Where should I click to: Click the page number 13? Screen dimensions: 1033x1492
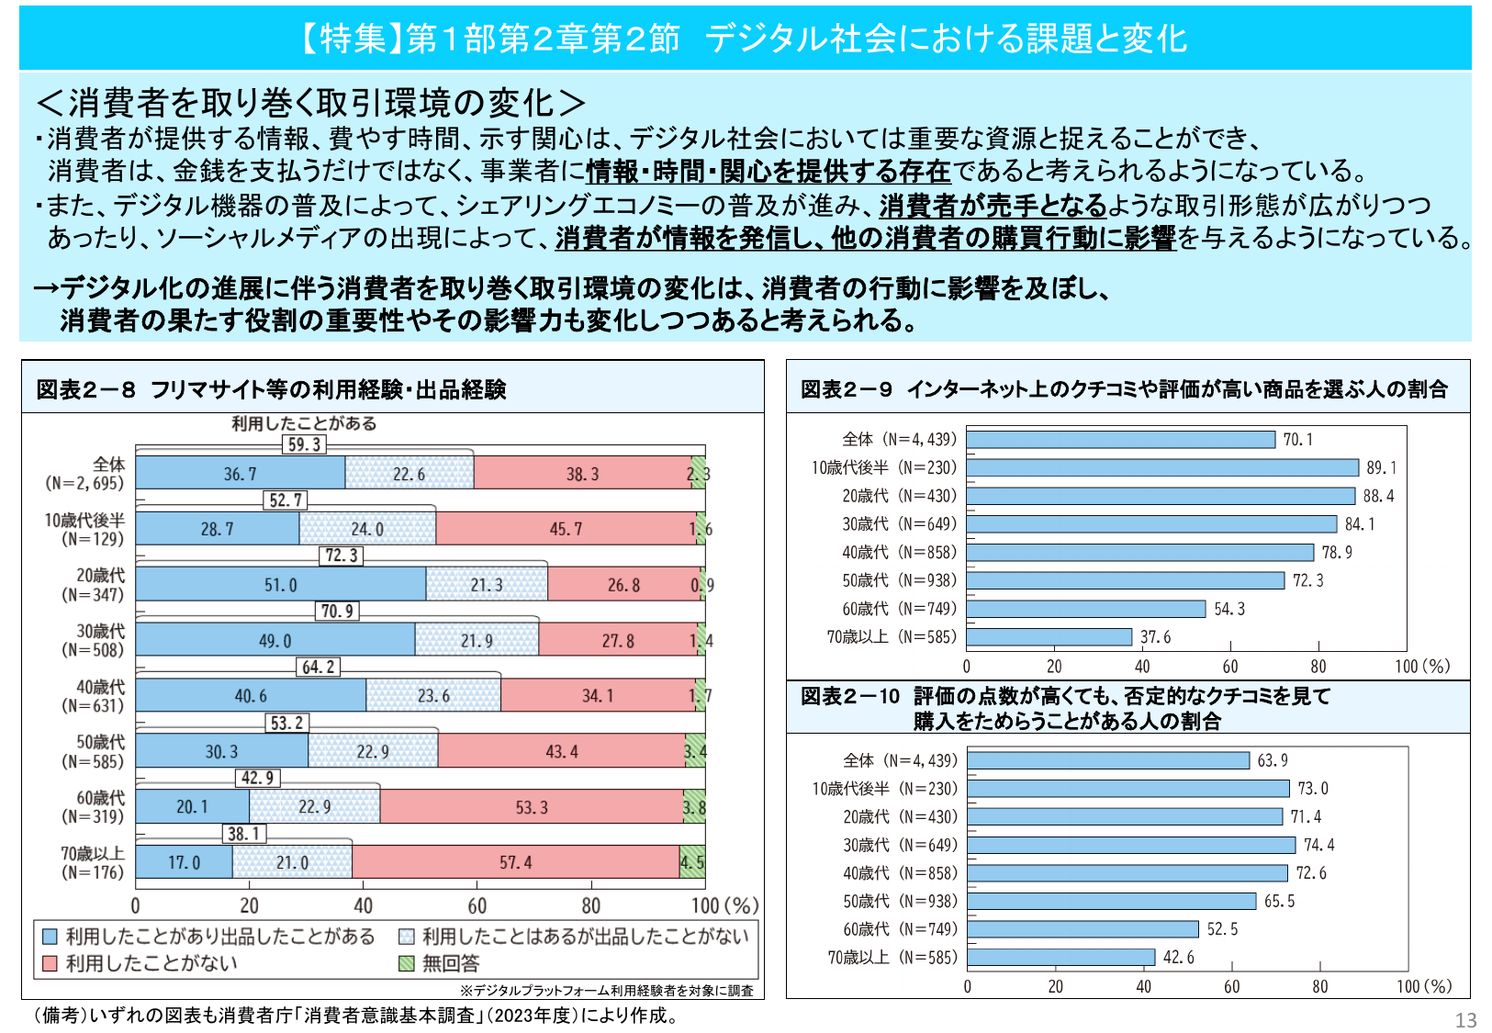coord(1465,1020)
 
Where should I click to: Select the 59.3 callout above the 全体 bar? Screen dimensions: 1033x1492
coord(305,444)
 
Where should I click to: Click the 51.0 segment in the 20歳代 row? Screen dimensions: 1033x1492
coord(280,585)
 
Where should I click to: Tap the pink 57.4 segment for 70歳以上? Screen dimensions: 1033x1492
coord(515,862)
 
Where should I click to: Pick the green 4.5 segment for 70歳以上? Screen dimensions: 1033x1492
coord(692,862)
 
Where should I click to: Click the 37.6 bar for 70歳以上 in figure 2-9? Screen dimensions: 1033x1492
coord(1049,637)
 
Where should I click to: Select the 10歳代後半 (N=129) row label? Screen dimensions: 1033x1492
coord(84,530)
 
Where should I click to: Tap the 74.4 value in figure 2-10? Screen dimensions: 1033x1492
coord(1318,845)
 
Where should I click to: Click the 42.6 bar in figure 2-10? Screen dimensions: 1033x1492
coord(1060,958)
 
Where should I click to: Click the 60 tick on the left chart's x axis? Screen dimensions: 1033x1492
coord(477,905)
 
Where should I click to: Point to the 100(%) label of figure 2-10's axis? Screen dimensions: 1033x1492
coord(1423,986)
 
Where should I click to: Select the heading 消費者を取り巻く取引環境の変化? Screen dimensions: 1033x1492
coord(310,103)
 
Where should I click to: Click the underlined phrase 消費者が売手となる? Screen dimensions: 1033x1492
coord(993,205)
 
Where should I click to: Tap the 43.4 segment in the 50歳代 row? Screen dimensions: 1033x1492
coord(561,751)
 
